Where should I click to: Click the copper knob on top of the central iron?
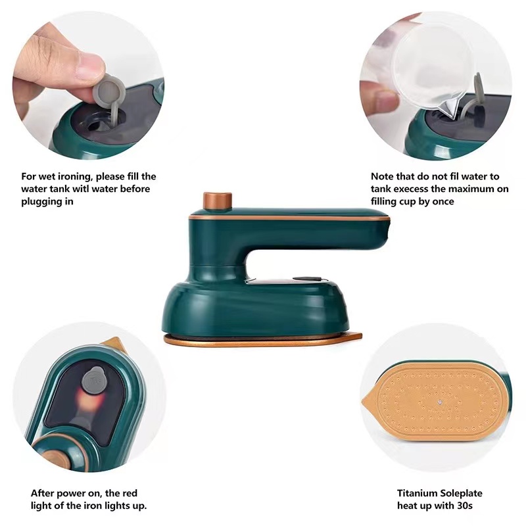[218, 201]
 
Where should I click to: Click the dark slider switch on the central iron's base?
[308, 278]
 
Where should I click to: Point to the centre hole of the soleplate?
[440, 401]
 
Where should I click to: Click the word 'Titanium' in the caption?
[417, 493]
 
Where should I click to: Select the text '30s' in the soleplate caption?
[465, 505]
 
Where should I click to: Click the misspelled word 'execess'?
[412, 189]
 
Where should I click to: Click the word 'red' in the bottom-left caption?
[130, 493]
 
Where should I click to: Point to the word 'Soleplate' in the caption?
[462, 493]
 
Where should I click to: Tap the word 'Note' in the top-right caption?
[382, 176]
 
